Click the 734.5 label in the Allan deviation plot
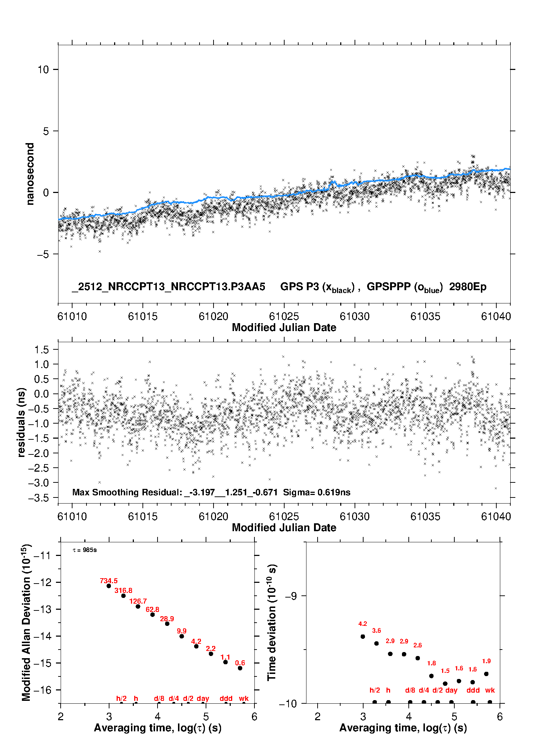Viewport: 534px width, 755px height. pos(108,581)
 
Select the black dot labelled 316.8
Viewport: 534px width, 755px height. pos(123,596)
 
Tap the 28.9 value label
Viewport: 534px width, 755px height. pos(167,619)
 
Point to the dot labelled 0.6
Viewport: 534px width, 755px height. pos(240,668)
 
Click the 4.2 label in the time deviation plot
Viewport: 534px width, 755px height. pos(362,624)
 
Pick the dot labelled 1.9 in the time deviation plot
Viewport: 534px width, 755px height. pos(486,674)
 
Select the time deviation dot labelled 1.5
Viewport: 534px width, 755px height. pos(445,684)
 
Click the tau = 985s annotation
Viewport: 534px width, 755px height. pos(85,550)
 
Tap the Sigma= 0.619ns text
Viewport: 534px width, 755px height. pos(317,492)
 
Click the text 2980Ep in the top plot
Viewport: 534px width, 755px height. pos(468,287)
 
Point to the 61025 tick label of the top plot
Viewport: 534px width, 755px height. pos(284,316)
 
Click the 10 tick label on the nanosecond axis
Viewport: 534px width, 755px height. pos(43,70)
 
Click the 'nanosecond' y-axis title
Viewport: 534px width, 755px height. pos(30,174)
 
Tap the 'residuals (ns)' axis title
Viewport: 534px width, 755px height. pos(22,422)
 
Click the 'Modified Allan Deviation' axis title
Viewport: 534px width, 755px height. pos(26,622)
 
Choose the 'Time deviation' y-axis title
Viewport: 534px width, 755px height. pos(272,622)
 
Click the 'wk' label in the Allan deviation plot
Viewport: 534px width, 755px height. pos(244,698)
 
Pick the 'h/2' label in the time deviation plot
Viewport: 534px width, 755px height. pos(375,690)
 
